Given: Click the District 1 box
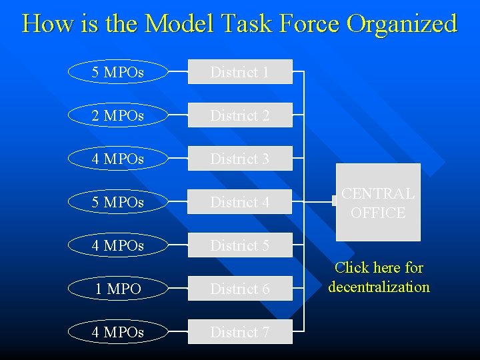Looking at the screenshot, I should pyautogui.click(x=240, y=72).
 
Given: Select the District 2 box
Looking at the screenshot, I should pyautogui.click(x=240, y=115).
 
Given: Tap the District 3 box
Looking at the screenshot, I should pyautogui.click(x=240, y=159).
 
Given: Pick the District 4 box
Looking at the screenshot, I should pyautogui.click(x=240, y=202).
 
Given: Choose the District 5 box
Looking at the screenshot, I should pyautogui.click(x=240, y=245).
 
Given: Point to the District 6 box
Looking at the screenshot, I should pyautogui.click(x=240, y=289).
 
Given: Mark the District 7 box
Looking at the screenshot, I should pyautogui.click(x=240, y=332).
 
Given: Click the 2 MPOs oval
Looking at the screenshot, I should pyautogui.click(x=118, y=115).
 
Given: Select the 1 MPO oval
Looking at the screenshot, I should pyautogui.click(x=118, y=289).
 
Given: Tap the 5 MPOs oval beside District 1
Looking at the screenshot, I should pyautogui.click(x=118, y=72).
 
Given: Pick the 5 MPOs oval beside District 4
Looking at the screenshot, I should pyautogui.click(x=118, y=202).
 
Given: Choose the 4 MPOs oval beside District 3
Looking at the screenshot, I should pyautogui.click(x=118, y=159).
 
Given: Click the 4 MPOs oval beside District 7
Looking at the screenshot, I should pyautogui.click(x=118, y=332).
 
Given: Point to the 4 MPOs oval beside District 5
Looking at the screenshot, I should pyautogui.click(x=118, y=245).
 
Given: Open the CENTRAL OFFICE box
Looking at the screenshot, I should pyautogui.click(x=378, y=203).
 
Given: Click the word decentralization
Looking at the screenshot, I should pyautogui.click(x=379, y=287).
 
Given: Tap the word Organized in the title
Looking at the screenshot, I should pyautogui.click(x=402, y=25).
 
